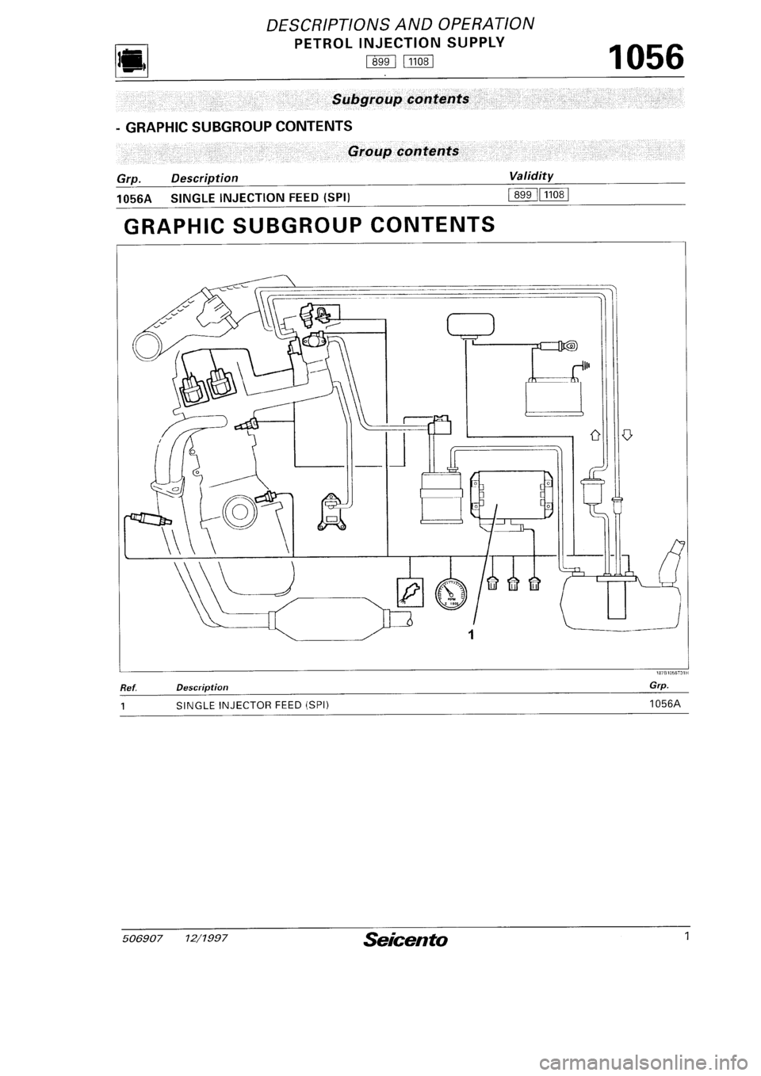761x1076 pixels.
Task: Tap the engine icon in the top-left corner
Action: click(131, 60)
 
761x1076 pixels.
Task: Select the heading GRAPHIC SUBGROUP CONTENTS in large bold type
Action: click(309, 224)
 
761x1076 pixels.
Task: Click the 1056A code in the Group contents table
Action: click(134, 198)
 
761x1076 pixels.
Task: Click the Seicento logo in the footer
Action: click(406, 939)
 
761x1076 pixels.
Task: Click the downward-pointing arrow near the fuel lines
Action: click(626, 435)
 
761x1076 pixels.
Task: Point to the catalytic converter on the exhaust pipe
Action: click(328, 619)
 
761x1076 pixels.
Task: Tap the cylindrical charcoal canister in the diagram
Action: click(442, 498)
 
